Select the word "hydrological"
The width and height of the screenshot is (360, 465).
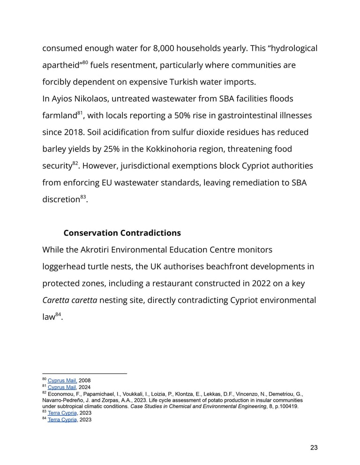291,48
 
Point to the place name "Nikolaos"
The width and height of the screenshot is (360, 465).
100,99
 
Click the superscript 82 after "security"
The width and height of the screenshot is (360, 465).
75,163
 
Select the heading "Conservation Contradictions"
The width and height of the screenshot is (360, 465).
122,233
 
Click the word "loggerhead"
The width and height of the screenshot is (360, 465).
64,266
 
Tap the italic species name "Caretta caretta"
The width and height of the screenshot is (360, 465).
70,300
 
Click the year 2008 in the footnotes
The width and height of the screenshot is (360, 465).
85,381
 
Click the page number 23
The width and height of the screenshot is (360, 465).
314,448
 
